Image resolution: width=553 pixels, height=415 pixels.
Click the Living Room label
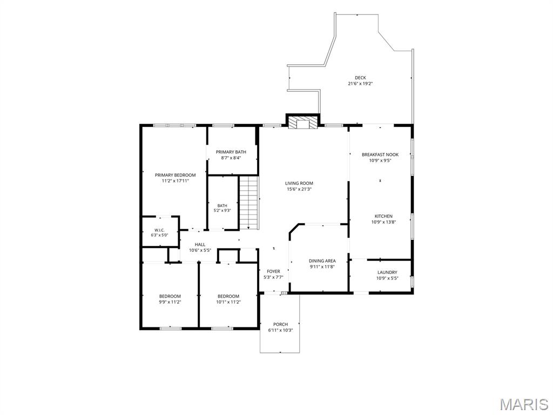(x=299, y=183)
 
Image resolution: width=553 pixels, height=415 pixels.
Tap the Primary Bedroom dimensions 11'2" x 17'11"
(x=176, y=180)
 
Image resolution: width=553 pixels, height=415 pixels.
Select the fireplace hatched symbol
(x=302, y=122)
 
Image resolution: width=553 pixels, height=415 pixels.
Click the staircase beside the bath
(x=249, y=203)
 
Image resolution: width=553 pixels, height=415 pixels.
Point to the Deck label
(x=360, y=78)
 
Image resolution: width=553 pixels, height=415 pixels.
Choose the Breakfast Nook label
(x=380, y=155)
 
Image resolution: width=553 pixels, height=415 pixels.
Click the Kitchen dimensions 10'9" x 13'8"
(x=383, y=222)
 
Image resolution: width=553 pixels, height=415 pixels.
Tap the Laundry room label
(x=387, y=272)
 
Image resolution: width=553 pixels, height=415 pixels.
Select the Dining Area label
(x=322, y=261)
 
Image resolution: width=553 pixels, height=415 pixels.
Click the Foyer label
(x=273, y=271)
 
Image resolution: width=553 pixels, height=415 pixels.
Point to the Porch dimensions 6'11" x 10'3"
(x=280, y=330)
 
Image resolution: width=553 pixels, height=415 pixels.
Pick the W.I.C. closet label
(x=159, y=230)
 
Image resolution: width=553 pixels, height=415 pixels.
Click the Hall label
(x=200, y=245)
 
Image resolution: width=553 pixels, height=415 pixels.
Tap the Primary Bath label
(x=231, y=152)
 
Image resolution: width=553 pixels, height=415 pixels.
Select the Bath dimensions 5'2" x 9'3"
(x=222, y=210)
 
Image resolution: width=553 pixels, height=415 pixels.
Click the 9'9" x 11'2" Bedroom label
(x=170, y=296)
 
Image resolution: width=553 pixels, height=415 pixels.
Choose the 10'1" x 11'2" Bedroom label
(x=228, y=296)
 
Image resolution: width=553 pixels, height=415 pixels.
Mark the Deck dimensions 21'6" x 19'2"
(x=360, y=84)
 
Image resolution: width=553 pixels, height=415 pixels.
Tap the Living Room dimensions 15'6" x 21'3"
(x=299, y=189)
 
